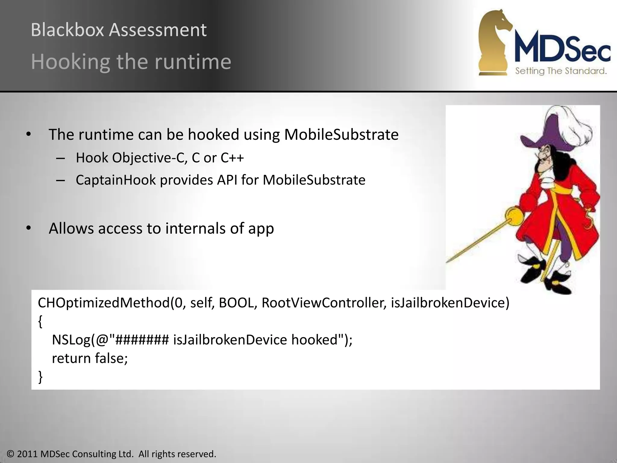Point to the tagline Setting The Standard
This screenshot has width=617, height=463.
[561, 71]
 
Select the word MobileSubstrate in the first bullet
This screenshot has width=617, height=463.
[341, 135]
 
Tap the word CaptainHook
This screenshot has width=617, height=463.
[116, 180]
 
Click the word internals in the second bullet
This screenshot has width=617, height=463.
[195, 228]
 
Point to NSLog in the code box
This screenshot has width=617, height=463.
[71, 340]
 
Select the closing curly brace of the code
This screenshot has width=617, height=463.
[40, 377]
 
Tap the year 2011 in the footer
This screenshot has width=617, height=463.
[27, 454]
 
